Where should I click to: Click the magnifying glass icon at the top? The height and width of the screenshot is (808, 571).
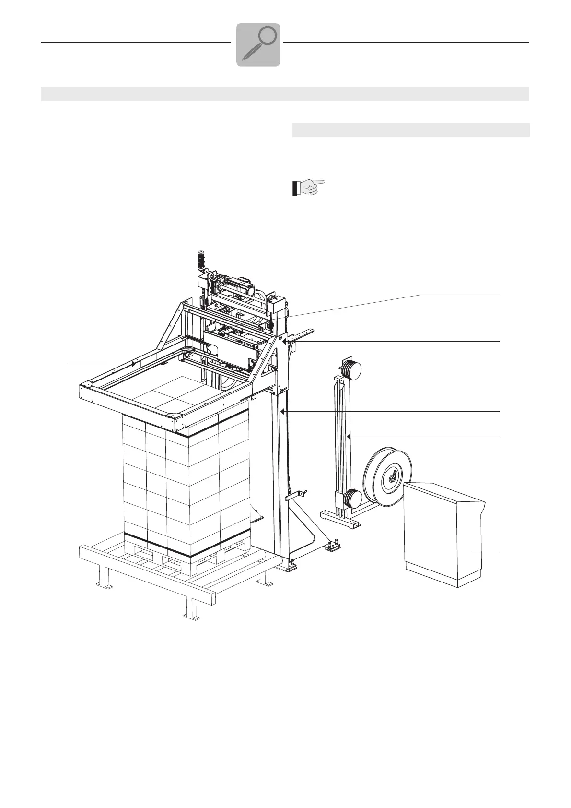[258, 45]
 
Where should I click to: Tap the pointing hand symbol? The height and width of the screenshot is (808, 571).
[308, 187]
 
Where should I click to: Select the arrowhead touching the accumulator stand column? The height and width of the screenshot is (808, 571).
[350, 437]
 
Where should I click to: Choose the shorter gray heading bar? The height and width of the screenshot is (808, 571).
[411, 130]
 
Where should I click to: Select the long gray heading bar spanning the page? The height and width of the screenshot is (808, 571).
[285, 94]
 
